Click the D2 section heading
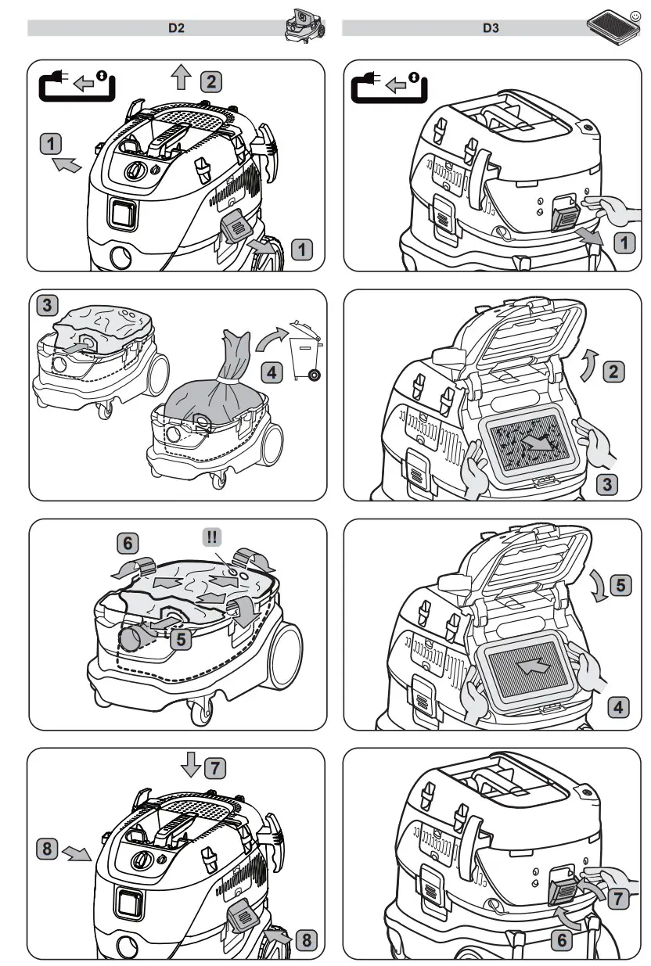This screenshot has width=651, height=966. (176, 28)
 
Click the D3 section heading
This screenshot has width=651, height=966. (491, 28)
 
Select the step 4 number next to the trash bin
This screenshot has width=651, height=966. (271, 372)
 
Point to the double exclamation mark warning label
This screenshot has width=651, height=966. (212, 537)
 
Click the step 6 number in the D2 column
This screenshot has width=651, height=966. (129, 541)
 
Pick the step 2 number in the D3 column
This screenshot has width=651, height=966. (616, 372)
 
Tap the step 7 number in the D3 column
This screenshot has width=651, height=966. (617, 900)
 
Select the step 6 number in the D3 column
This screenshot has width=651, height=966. (561, 939)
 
